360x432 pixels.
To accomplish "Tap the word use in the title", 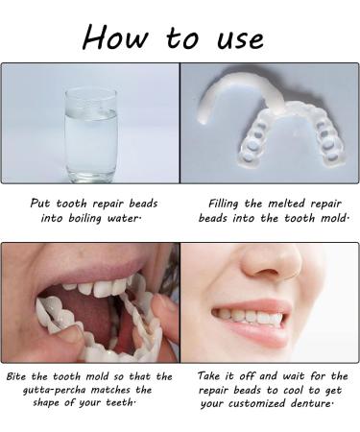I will click(236, 38).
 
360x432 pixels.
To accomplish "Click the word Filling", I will click(228, 203).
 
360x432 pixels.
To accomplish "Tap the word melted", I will click(290, 203).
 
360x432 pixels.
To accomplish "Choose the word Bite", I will click(19, 376).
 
